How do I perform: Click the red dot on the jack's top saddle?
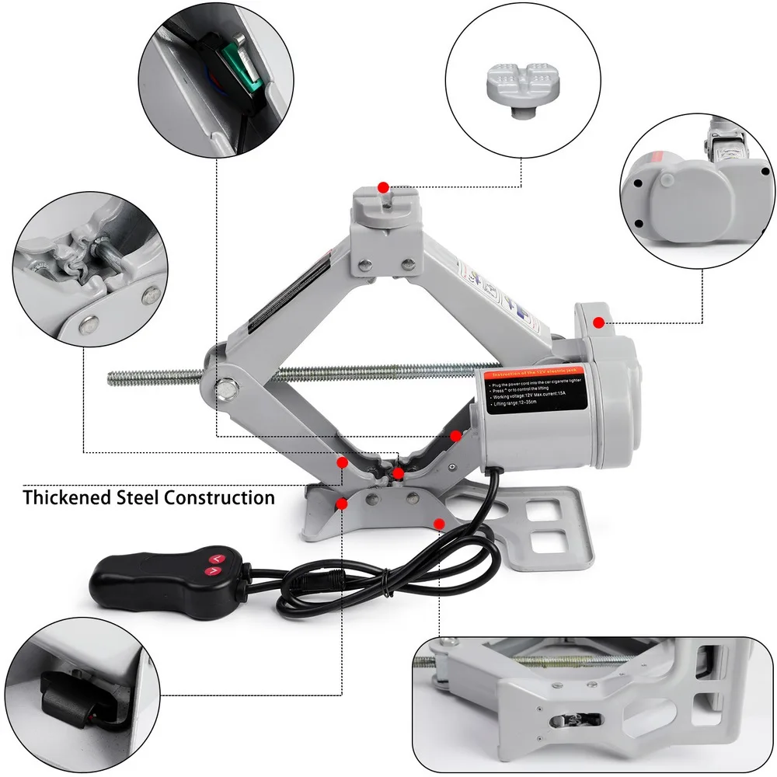click(382, 187)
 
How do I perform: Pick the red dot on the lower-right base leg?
click(439, 524)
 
